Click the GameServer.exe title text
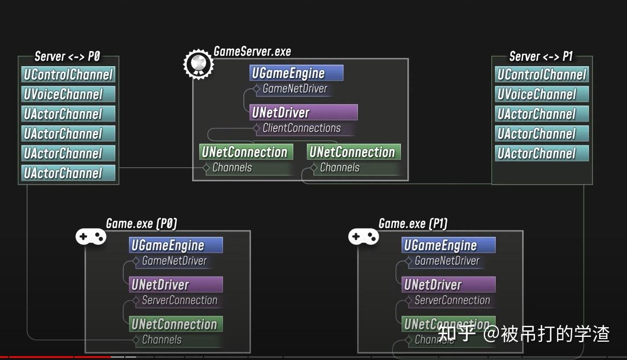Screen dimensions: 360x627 [252, 52]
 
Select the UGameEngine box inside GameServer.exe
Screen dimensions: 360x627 [296, 73]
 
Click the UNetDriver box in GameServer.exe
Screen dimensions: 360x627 [304, 112]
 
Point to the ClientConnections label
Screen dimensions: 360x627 [301, 128]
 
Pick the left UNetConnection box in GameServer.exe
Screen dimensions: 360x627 [246, 152]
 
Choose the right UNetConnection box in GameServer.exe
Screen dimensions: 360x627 [354, 152]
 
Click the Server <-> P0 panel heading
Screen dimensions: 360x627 [67, 57]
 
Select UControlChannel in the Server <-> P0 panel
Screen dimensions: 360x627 [68, 75]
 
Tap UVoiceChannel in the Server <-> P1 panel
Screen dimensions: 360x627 [541, 95]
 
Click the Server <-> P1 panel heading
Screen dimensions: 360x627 [541, 57]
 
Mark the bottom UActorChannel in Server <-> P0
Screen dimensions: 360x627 [68, 173]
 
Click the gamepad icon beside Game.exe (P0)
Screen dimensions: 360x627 [90, 236]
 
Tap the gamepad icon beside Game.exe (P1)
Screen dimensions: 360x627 [363, 236]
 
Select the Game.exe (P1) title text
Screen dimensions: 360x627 [413, 223]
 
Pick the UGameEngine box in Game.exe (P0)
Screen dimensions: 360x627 [175, 245]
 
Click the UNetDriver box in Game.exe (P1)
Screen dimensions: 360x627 [448, 285]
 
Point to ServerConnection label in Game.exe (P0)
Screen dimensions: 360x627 [179, 300]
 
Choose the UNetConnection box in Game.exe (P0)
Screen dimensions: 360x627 [175, 324]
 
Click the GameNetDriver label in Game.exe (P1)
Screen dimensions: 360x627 [447, 261]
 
